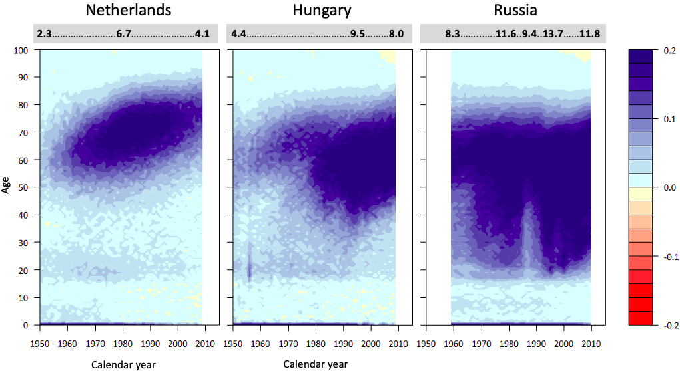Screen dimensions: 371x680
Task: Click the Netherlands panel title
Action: (129, 10)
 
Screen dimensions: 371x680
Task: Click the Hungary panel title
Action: (322, 10)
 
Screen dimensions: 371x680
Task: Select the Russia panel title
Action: (515, 10)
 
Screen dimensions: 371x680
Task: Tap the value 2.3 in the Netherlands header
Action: (45, 33)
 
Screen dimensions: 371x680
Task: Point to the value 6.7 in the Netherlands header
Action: (124, 33)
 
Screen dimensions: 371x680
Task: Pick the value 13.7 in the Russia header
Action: (553, 33)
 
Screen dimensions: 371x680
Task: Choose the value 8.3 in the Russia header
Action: (453, 33)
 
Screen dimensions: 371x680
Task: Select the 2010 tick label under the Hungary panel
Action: (398, 343)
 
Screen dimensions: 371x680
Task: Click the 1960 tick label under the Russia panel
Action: (454, 343)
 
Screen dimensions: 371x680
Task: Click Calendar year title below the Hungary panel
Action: (315, 364)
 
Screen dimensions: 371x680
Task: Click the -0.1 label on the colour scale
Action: (667, 257)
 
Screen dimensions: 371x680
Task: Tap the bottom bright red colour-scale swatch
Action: (643, 318)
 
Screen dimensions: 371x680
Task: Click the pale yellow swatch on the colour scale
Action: (643, 194)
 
